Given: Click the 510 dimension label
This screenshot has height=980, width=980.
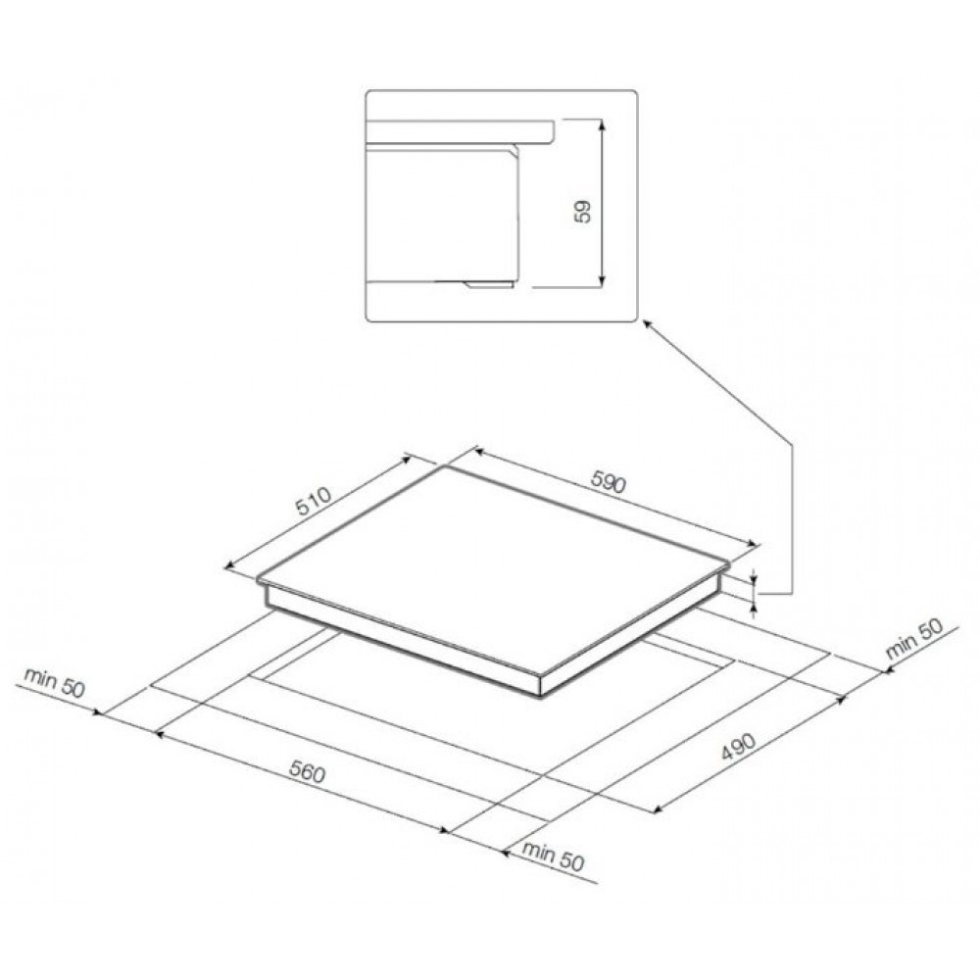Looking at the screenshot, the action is (314, 501).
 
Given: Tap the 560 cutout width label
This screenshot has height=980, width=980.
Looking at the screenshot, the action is (308, 773).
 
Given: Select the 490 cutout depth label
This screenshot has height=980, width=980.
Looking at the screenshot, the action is (739, 746).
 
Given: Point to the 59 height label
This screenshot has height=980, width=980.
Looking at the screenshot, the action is (582, 212).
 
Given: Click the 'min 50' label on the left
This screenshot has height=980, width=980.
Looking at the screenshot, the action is (54, 682).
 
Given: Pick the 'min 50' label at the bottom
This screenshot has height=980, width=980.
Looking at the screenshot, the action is (553, 857).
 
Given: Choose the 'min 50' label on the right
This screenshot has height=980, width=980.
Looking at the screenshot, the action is (913, 639).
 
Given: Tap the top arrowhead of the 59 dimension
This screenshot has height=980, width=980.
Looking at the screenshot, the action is (602, 124).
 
